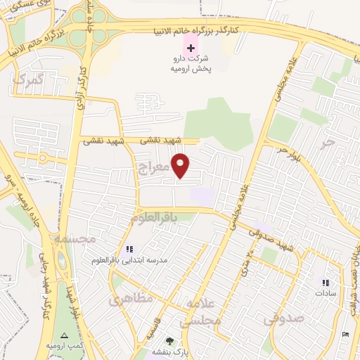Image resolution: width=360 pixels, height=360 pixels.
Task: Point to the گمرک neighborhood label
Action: coord(27,79)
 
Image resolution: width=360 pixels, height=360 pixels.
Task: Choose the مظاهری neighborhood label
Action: coord(131,298)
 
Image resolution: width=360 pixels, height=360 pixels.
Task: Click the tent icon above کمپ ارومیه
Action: coord(65,336)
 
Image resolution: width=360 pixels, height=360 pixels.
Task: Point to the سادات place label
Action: coord(327,292)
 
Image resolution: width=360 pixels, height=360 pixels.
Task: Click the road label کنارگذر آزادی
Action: coord(83,82)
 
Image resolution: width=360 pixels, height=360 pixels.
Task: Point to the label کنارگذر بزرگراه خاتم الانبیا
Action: coord(197,30)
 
